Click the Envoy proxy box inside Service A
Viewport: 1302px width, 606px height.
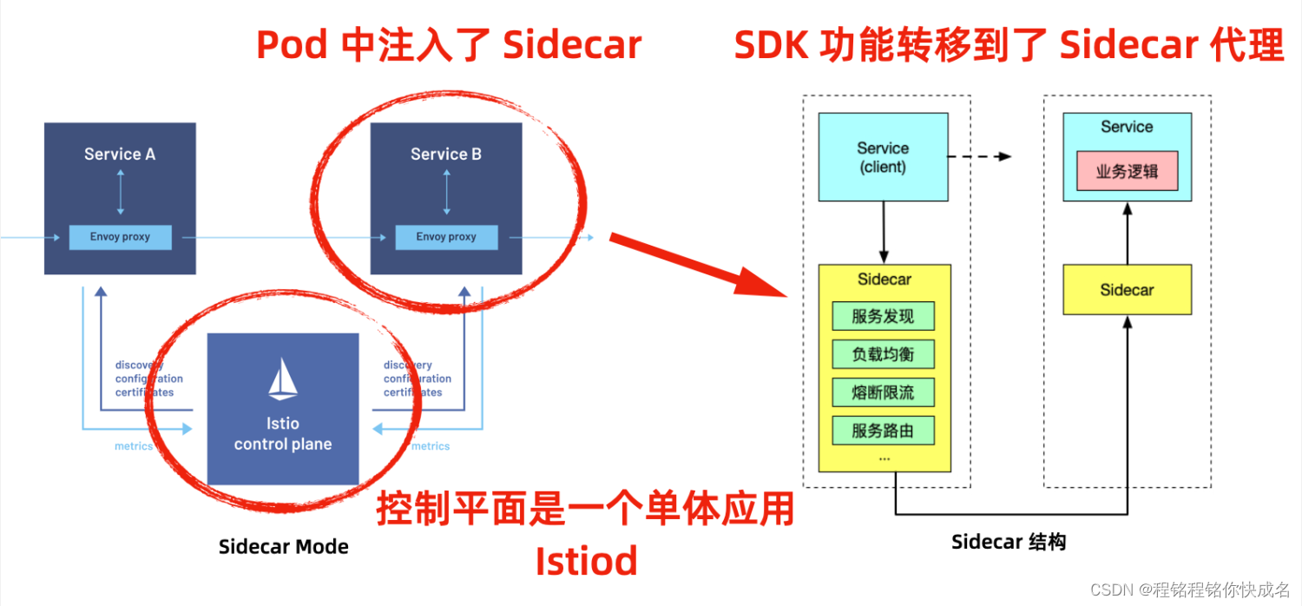point(120,237)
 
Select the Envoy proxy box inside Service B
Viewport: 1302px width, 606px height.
point(446,237)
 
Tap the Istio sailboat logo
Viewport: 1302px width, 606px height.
point(283,379)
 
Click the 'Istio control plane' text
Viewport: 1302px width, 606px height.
point(283,434)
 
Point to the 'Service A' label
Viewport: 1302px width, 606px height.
point(120,155)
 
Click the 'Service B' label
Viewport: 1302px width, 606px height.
point(446,155)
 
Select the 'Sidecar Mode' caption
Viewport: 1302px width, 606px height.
point(284,547)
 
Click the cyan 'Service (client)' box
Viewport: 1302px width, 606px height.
point(883,157)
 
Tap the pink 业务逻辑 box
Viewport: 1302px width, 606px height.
point(1127,171)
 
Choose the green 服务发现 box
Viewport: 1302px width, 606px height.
point(883,316)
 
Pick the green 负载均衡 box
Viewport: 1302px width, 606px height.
point(883,354)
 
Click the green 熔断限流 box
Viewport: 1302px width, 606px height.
point(883,392)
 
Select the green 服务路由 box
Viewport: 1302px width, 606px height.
point(883,431)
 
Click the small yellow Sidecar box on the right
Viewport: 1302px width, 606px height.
point(1127,290)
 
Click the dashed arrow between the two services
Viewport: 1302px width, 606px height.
point(979,157)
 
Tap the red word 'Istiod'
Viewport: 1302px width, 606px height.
point(586,561)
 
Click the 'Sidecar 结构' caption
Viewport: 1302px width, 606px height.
point(1009,543)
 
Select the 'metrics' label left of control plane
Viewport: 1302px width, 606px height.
point(133,446)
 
